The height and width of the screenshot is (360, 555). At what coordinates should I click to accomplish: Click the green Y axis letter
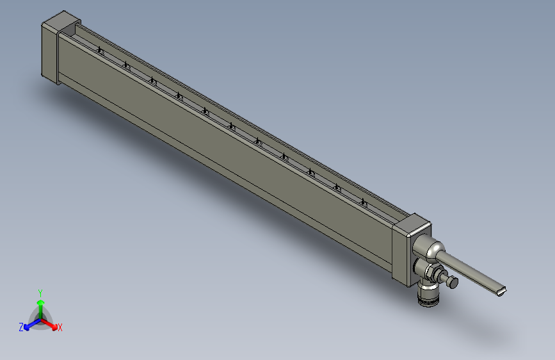point(40,292)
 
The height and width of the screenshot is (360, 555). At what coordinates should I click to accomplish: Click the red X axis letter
point(60,327)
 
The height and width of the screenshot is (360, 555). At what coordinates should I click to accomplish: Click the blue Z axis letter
point(21,327)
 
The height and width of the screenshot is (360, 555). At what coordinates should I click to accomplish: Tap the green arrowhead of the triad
point(40,302)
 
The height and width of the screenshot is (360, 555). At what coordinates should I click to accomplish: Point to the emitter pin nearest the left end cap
point(101,51)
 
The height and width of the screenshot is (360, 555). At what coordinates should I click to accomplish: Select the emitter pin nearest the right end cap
point(364,202)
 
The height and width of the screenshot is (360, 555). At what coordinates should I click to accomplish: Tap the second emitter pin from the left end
point(127,66)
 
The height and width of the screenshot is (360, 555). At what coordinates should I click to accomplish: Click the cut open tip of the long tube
point(501,291)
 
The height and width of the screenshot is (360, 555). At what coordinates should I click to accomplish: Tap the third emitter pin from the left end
point(153,81)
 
